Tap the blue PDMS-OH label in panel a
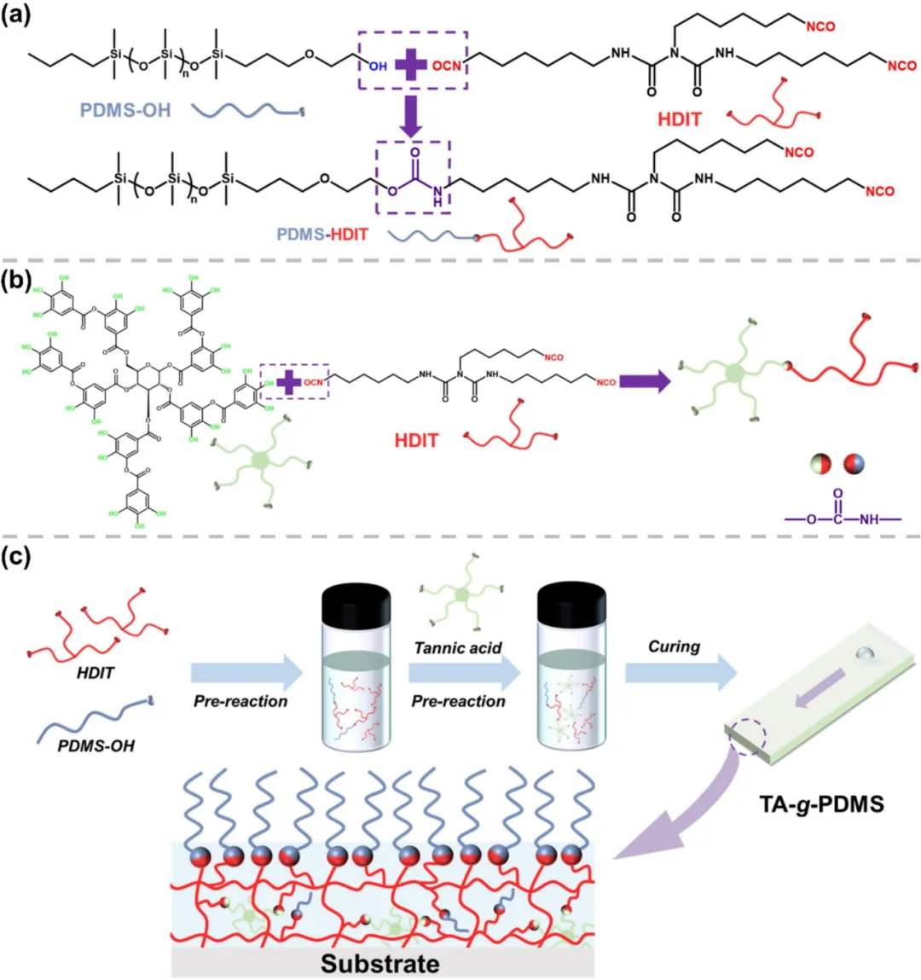tap(125, 110)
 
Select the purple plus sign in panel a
tap(411, 63)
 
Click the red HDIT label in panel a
tap(679, 119)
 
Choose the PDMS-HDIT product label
tap(322, 233)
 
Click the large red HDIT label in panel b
tap(416, 441)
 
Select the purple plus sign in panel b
tap(290, 381)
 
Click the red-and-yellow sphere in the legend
tap(820, 464)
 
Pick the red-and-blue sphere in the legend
tap(852, 464)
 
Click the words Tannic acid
tap(458, 648)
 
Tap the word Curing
tap(674, 647)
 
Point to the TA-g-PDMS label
tap(821, 802)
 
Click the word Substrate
tap(380, 964)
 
